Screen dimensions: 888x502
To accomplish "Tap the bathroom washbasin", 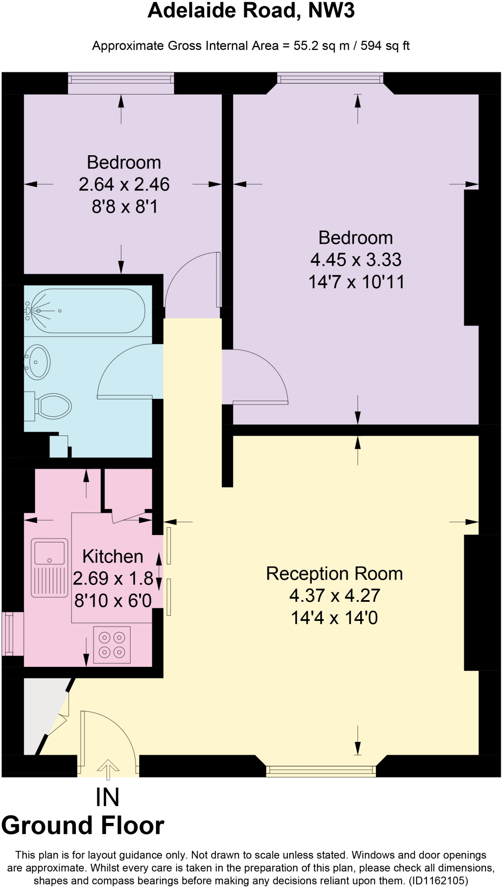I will [38, 362].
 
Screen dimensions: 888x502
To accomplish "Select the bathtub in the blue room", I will [85, 311].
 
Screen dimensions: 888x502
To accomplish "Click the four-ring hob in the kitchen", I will [112, 645].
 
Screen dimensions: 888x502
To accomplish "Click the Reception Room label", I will [334, 574].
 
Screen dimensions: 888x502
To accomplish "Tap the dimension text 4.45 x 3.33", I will [355, 260].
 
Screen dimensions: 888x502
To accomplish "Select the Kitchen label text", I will [113, 556].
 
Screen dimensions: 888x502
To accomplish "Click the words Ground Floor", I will [83, 826].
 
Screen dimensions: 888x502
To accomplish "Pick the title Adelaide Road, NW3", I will [251, 11].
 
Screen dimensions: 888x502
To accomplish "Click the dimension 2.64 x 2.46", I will [124, 184].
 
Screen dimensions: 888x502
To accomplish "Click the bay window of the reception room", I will [321, 770].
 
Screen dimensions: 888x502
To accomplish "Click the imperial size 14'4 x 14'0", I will [334, 617].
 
